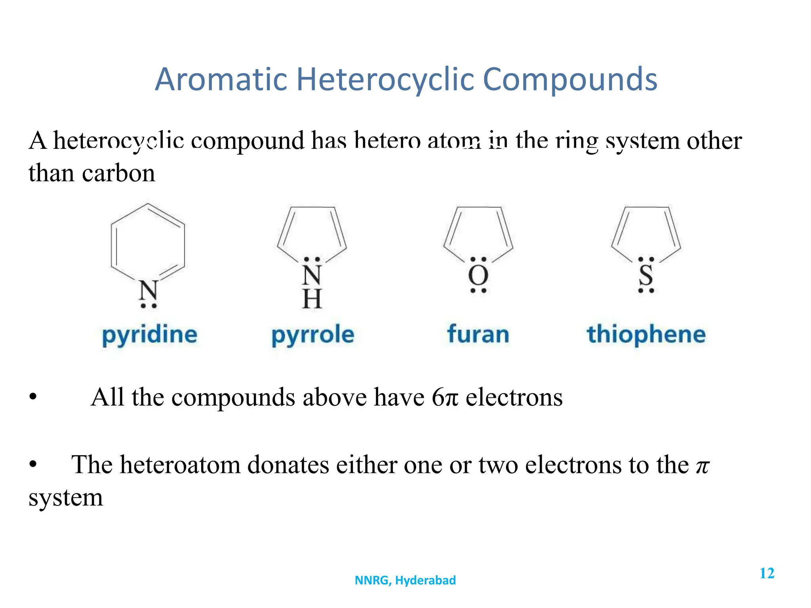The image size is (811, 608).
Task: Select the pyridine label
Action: tap(150, 335)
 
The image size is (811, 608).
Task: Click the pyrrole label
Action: tap(312, 335)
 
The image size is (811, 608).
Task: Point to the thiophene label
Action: tap(646, 335)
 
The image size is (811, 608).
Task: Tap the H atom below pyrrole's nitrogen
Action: tap(312, 299)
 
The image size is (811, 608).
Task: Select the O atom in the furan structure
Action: tap(478, 275)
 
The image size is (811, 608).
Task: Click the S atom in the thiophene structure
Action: tap(646, 275)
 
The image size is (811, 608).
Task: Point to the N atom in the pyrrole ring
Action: tap(312, 275)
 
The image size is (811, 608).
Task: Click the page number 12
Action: tap(767, 573)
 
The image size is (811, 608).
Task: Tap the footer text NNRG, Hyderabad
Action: tap(405, 580)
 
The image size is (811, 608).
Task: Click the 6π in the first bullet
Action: tap(445, 397)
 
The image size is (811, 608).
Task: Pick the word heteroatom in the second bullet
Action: tap(180, 465)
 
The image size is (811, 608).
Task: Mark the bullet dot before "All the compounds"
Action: tap(33, 397)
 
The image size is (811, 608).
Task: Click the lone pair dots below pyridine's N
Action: tap(148, 306)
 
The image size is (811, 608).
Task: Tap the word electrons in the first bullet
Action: tap(514, 397)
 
